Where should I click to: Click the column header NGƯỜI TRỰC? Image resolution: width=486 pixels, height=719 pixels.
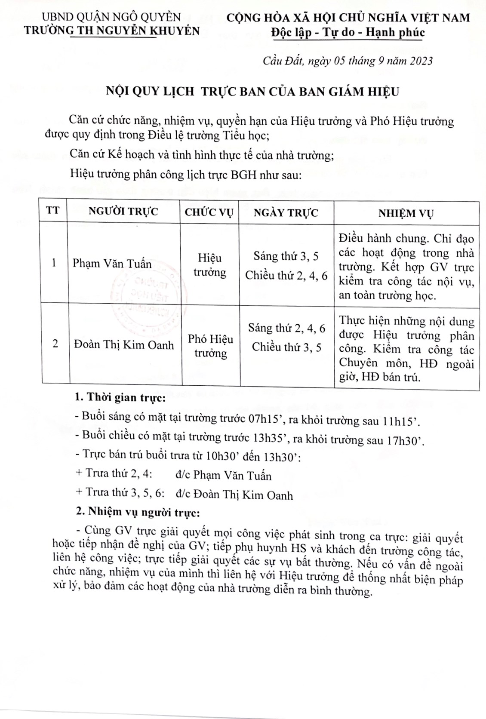click(x=123, y=212)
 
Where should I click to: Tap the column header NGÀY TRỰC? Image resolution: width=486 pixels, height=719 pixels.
click(x=286, y=212)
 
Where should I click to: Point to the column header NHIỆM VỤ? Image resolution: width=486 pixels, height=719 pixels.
click(x=406, y=213)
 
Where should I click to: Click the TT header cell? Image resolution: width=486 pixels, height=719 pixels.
click(x=53, y=211)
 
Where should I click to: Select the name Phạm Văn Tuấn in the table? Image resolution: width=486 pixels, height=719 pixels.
click(x=112, y=263)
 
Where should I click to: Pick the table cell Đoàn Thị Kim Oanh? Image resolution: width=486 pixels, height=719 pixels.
click(x=123, y=345)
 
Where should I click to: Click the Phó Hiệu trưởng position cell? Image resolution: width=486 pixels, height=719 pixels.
click(x=210, y=346)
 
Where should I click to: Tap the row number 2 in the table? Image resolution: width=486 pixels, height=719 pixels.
click(x=55, y=344)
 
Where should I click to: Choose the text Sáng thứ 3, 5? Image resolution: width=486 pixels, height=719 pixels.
click(x=286, y=257)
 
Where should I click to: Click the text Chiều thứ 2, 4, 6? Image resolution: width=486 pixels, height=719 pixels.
click(x=286, y=276)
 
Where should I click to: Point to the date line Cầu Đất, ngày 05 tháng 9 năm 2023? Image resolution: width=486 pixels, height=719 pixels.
click(x=348, y=61)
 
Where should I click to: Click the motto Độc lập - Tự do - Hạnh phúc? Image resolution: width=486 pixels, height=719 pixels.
click(x=348, y=32)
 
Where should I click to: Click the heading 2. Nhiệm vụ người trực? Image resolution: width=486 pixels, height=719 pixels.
click(x=137, y=512)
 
